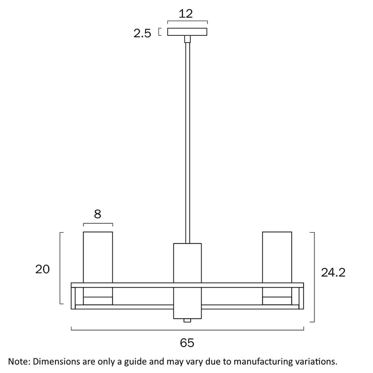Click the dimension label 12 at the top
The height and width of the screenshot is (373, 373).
[x=187, y=13]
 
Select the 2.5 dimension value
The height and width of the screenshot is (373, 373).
[x=142, y=34]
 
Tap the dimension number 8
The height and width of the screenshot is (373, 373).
[x=98, y=213]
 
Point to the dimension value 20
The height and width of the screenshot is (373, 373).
[x=42, y=269]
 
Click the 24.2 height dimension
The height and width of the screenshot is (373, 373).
[x=334, y=273]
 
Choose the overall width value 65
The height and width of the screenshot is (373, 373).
[x=187, y=343]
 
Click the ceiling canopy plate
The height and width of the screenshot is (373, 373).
[x=187, y=32]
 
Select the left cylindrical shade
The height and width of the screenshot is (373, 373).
[x=98, y=257]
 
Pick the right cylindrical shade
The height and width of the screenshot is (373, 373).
[x=277, y=257]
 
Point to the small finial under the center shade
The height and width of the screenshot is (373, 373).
[x=187, y=321]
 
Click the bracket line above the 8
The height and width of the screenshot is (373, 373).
[x=98, y=224]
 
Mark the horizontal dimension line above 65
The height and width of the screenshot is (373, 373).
[x=187, y=329]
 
